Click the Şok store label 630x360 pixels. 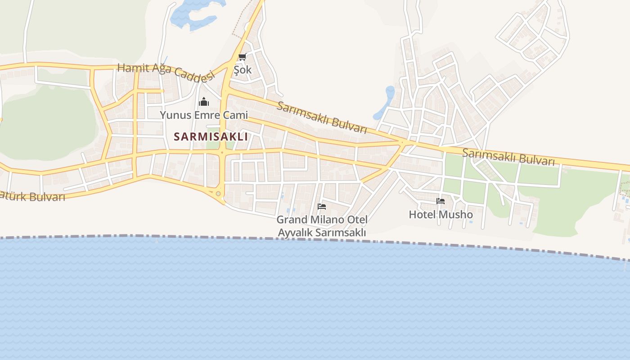click(x=243, y=70)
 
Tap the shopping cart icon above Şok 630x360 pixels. click(x=242, y=57)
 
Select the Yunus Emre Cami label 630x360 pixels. click(x=204, y=115)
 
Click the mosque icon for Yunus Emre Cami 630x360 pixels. click(x=204, y=102)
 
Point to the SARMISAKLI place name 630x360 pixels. click(x=211, y=137)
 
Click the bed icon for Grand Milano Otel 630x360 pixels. click(x=322, y=207)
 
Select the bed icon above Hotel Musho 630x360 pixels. click(x=441, y=201)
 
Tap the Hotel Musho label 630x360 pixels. click(x=441, y=215)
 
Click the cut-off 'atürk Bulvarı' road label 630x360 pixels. click(x=32, y=196)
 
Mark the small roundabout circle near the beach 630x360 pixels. click(x=218, y=193)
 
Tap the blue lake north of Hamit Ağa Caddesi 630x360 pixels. click(x=193, y=13)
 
